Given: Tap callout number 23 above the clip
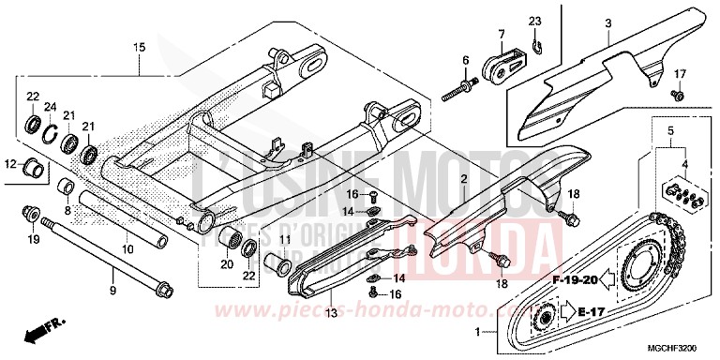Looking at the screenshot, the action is pyautogui.click(x=534, y=20).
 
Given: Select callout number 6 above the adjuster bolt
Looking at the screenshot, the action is pyautogui.click(x=464, y=61).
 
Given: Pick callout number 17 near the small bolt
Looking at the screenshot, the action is pyautogui.click(x=681, y=73).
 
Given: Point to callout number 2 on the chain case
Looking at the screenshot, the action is pyautogui.click(x=462, y=178).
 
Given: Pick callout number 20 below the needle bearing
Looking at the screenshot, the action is pyautogui.click(x=226, y=264).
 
